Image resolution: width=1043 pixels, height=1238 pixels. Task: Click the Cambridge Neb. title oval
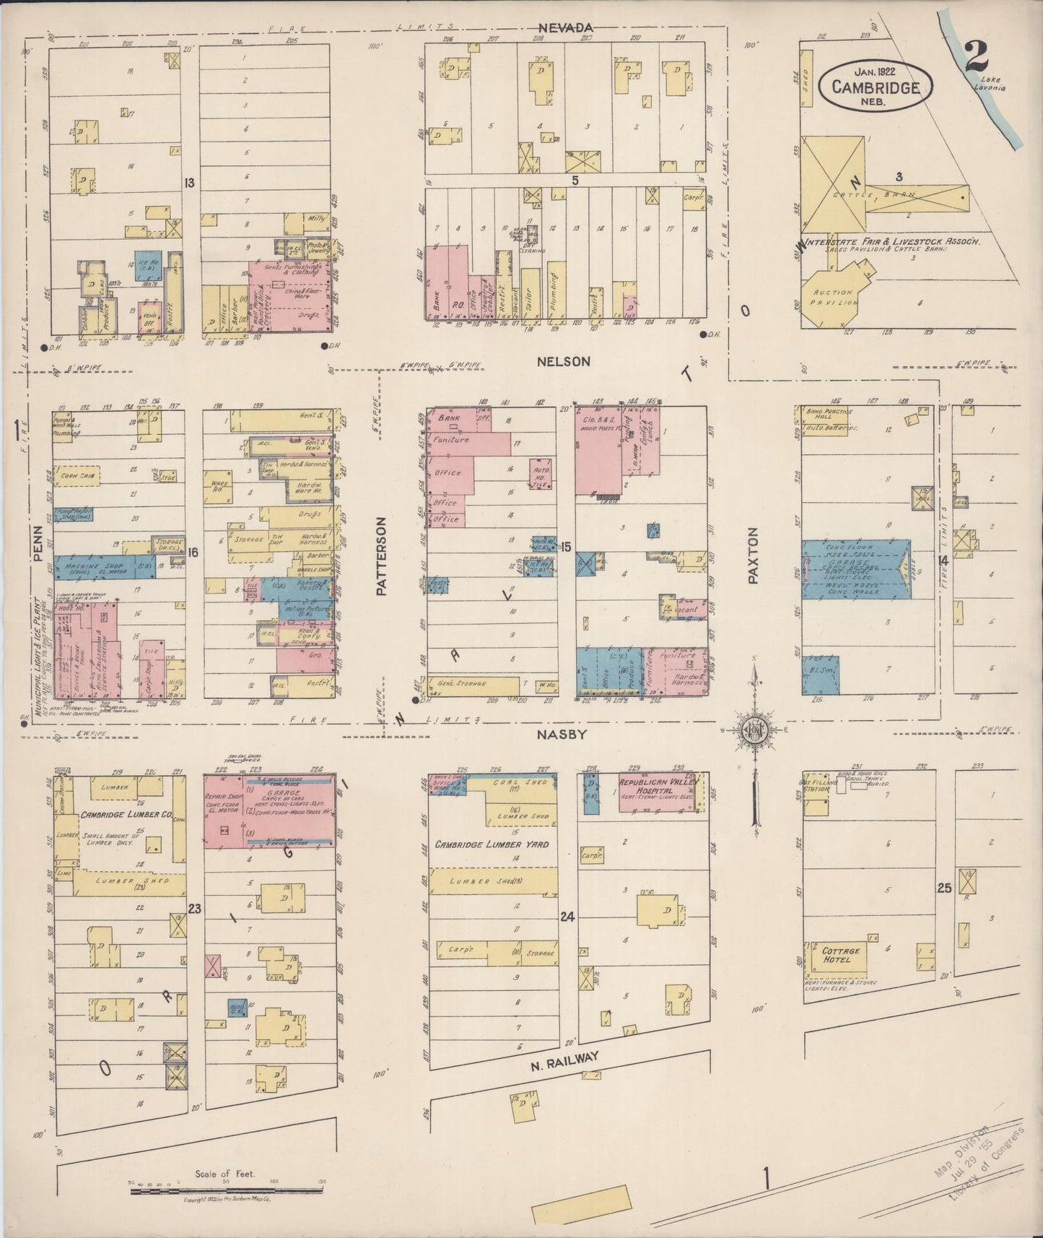pyautogui.click(x=875, y=85)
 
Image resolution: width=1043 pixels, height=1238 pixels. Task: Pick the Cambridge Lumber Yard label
pyautogui.click(x=491, y=844)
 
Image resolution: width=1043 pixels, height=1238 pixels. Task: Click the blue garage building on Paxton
pyautogui.click(x=856, y=568)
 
